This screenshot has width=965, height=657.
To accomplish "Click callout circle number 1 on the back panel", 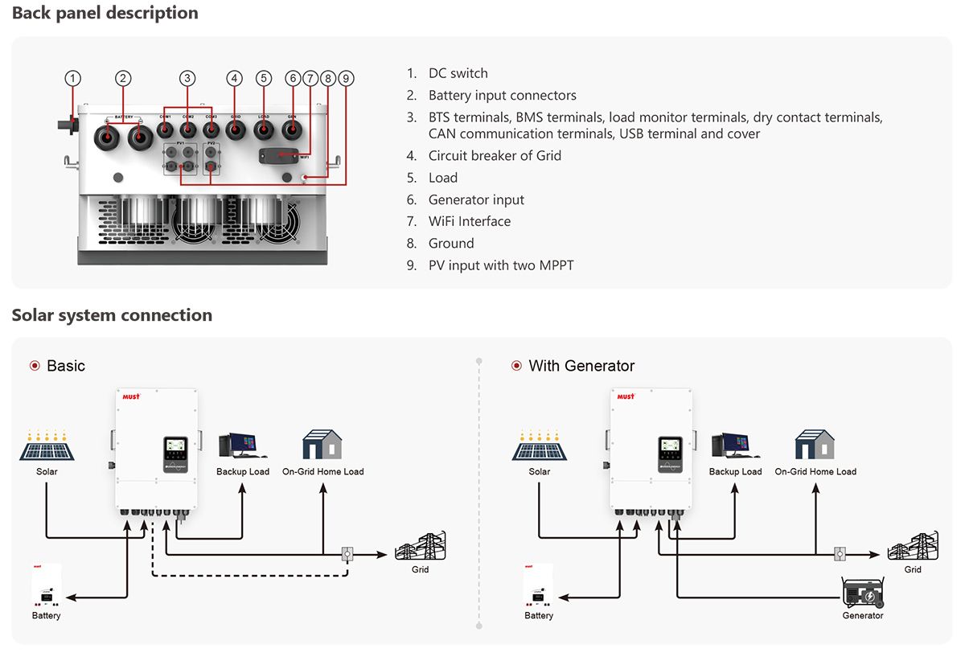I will click(x=73, y=78).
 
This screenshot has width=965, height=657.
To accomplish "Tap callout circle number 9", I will click(x=346, y=78).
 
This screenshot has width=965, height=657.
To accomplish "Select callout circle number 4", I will click(x=234, y=78).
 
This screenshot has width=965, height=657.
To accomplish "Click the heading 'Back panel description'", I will click(x=105, y=13).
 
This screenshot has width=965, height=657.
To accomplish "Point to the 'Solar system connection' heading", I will click(x=112, y=315).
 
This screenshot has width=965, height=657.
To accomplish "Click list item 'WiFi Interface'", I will click(x=469, y=221).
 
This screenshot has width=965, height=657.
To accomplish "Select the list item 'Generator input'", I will click(x=476, y=199).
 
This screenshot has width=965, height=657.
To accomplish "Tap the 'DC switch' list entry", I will click(x=458, y=73).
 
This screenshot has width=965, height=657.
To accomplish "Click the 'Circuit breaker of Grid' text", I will click(x=495, y=155).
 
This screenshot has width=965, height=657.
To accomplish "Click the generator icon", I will click(x=863, y=593).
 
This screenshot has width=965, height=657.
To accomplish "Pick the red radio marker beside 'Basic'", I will click(x=35, y=366).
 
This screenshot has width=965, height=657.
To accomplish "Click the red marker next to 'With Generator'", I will click(x=516, y=366).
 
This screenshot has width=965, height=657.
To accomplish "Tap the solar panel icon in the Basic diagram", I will click(x=47, y=447).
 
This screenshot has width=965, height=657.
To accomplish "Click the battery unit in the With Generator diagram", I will click(x=539, y=586).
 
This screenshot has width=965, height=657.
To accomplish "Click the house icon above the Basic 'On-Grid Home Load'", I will click(x=322, y=445).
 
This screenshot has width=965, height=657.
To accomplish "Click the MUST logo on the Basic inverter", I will click(x=132, y=396).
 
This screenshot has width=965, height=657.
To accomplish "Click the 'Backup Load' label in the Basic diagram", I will click(x=243, y=471).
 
